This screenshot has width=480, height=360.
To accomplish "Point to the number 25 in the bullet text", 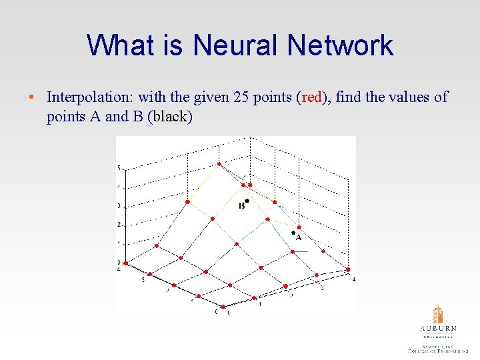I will tap(241, 97).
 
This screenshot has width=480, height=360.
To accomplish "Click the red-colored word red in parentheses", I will tap(312, 97).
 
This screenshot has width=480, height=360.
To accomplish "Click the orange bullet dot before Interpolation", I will tap(32, 97).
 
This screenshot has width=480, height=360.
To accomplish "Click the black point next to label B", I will tap(247, 200).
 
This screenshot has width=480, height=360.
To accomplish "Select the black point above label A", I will tap(293, 233).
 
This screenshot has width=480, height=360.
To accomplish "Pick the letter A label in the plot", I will tap(298, 237).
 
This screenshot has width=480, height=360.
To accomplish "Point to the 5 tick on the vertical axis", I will tap(119, 168).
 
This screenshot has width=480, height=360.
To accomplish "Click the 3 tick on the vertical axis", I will tap(119, 206).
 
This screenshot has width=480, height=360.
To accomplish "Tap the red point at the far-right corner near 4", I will tap(348, 270).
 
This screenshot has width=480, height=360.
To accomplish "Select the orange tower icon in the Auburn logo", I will tap(438, 315).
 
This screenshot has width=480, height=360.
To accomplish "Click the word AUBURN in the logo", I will tap(438, 329).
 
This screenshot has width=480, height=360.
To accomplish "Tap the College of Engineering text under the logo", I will tap(438, 349).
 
